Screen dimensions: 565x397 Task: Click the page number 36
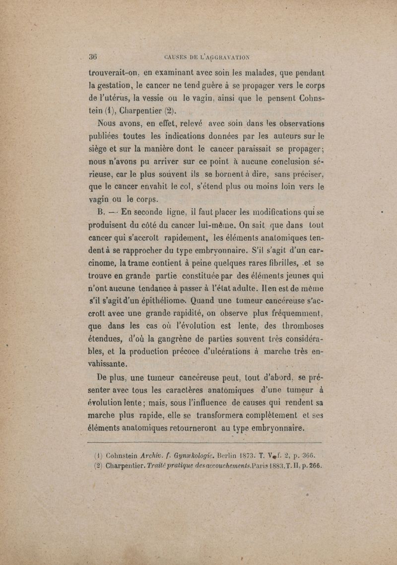[92, 56]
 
